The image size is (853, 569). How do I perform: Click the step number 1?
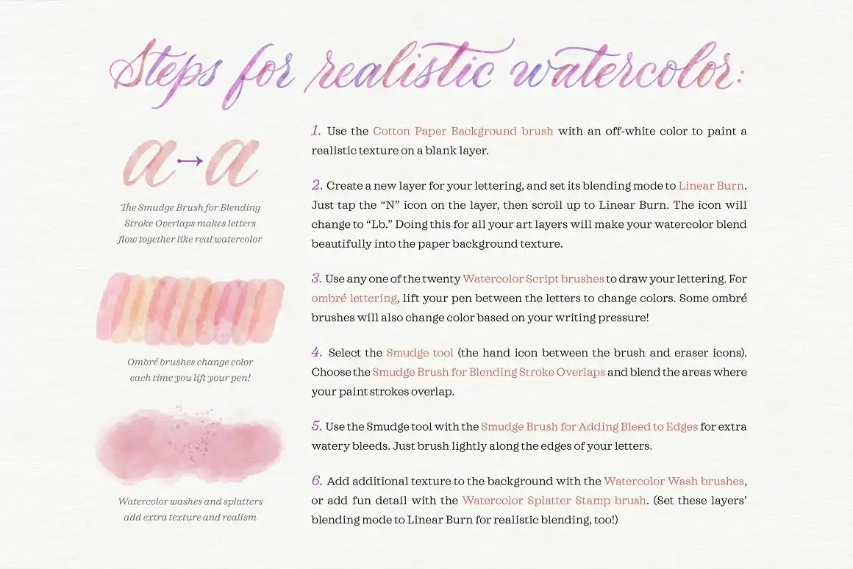315,131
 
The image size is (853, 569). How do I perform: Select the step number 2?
317,185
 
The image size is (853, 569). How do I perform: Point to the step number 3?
316,279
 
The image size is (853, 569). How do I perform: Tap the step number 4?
317,352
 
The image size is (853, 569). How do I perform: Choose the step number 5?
317,426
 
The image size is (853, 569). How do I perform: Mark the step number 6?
317,481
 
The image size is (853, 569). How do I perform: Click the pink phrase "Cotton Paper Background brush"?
463,132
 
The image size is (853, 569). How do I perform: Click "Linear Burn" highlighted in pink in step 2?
712,186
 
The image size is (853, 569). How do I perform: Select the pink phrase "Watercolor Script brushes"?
533,279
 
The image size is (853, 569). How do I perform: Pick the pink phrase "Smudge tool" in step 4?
419,353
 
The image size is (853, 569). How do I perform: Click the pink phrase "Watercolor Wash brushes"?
674,482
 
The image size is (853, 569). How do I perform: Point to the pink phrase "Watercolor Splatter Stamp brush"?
554,501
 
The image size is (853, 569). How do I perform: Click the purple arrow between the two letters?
190,160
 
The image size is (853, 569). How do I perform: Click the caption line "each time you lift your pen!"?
190,378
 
